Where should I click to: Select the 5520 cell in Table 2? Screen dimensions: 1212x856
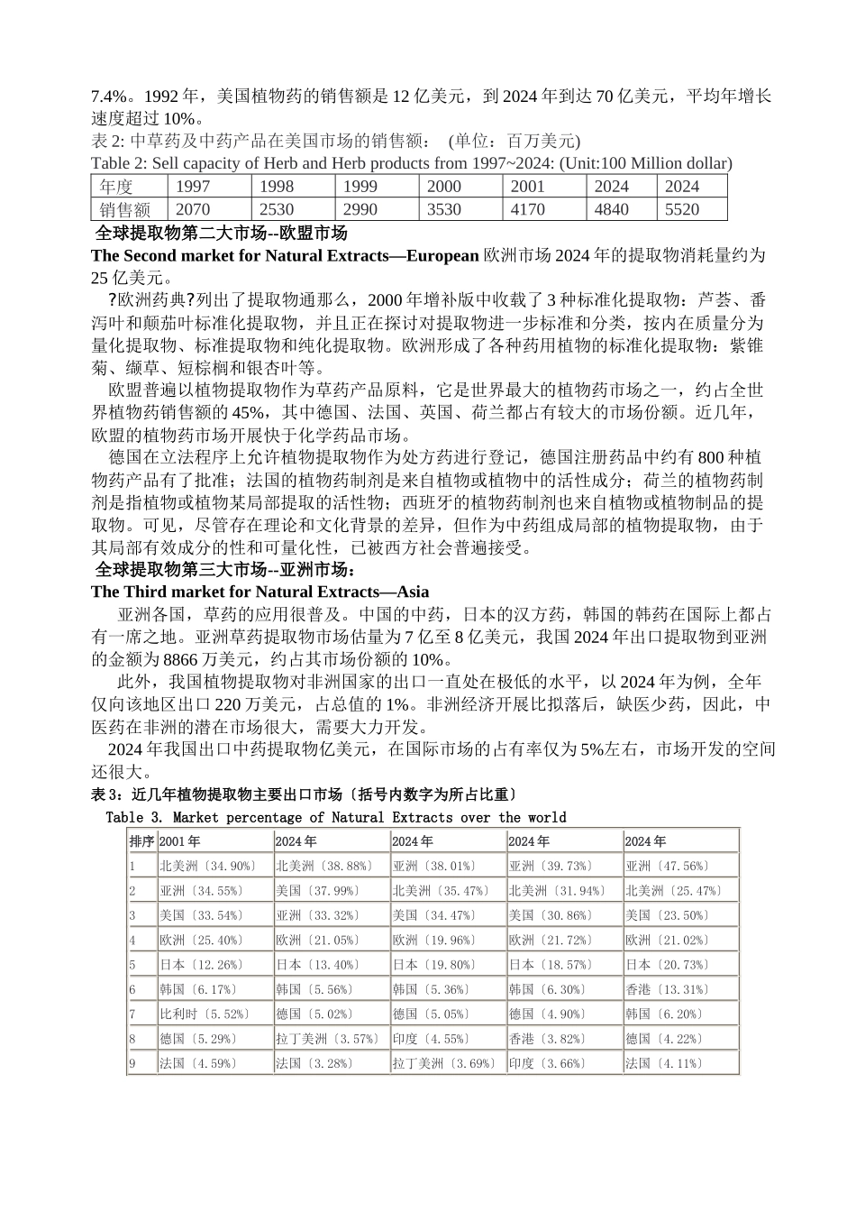682,209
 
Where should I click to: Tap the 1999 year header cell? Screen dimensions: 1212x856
360,187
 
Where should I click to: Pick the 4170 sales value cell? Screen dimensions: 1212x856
527,209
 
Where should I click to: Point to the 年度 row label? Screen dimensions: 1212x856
116,187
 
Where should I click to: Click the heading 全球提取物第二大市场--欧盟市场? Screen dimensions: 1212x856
221,234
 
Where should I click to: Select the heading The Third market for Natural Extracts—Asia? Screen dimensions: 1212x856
260,592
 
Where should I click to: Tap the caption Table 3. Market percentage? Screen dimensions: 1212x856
335,817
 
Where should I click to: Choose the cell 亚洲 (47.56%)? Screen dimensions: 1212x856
667,866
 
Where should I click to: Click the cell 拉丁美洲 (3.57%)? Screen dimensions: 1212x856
328,1039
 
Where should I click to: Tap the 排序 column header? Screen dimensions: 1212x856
141,841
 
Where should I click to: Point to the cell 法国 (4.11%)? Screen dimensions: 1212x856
663,1063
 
